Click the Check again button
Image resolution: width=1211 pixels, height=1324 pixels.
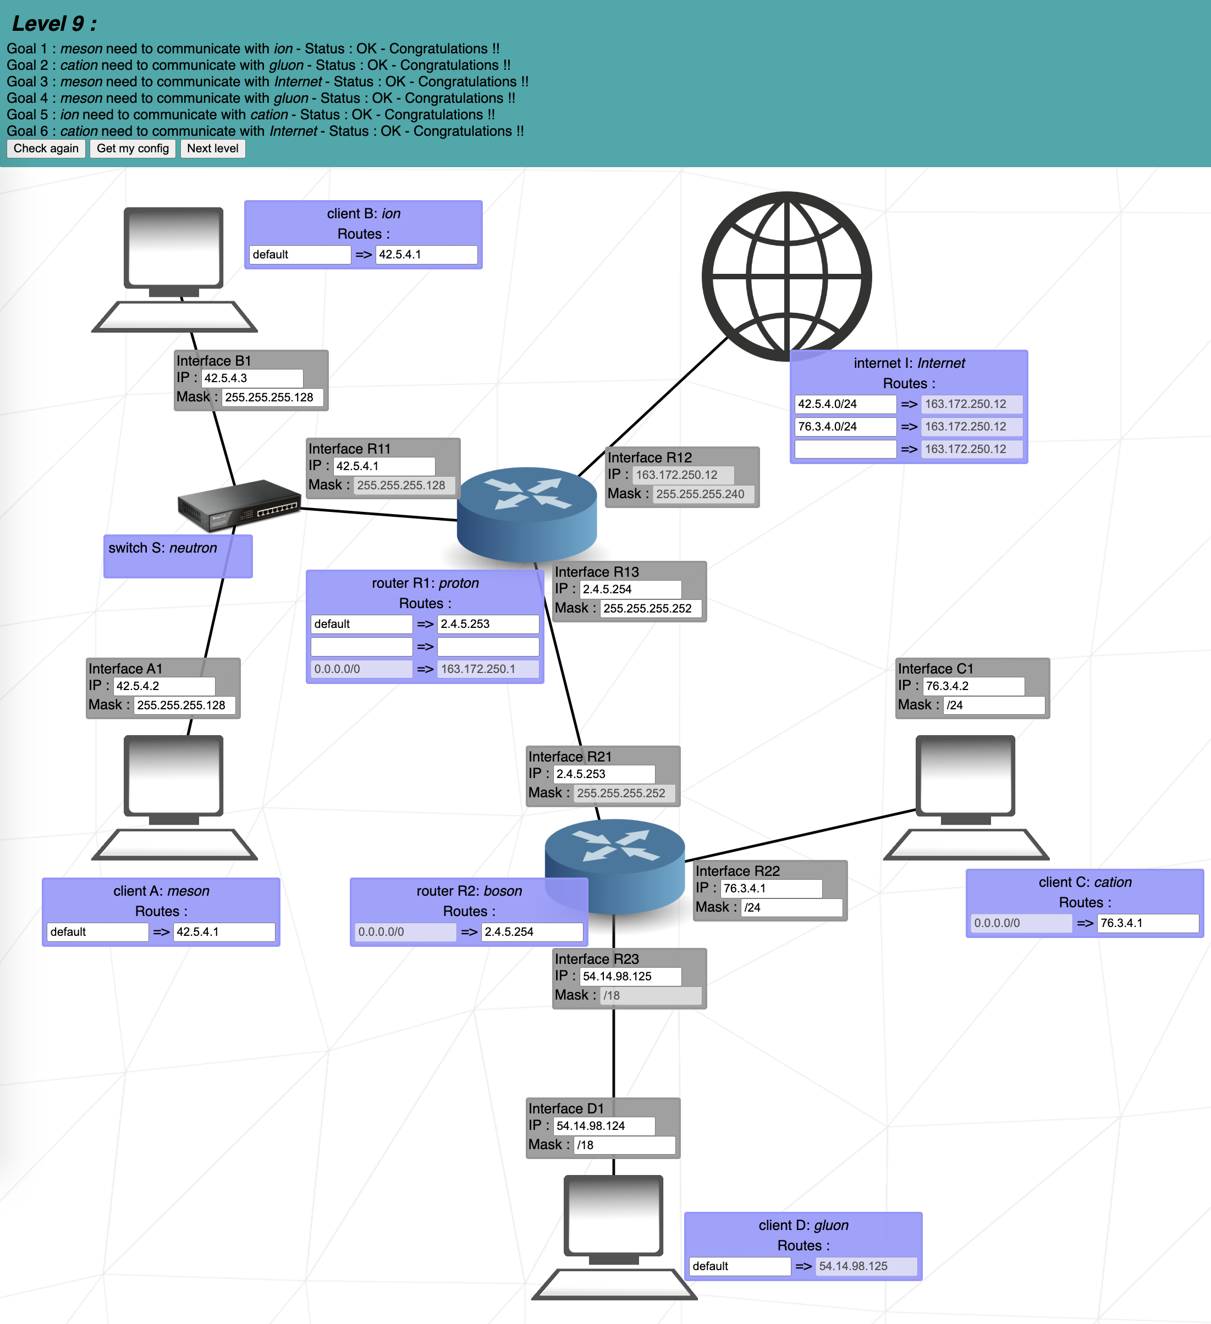pos(46,148)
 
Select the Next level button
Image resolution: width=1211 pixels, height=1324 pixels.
pos(212,148)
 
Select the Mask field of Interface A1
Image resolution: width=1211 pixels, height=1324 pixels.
pos(185,705)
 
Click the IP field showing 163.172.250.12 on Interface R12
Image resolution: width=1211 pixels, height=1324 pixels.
pos(683,475)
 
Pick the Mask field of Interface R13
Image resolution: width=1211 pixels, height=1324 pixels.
pos(650,609)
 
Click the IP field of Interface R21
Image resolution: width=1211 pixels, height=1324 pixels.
pos(603,774)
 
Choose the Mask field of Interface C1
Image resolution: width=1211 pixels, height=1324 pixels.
pos(993,705)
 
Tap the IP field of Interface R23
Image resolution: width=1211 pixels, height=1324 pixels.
pos(630,977)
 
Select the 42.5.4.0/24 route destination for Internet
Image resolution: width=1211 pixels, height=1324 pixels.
pos(845,405)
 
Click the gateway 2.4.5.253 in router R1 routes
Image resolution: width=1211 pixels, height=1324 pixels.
pos(487,625)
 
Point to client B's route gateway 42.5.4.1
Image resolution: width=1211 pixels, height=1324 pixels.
pos(426,255)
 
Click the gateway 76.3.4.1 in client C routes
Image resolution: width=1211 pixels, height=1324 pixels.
pos(1147,923)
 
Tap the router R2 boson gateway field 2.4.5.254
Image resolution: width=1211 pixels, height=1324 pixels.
pos(531,933)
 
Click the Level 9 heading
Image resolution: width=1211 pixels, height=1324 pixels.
pos(54,24)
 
